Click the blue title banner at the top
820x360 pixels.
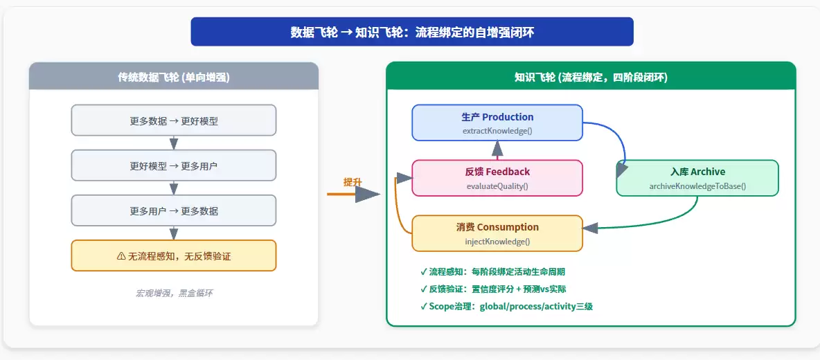[412, 32]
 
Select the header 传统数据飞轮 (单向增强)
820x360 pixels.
[174, 78]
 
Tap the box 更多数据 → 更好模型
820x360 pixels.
[174, 120]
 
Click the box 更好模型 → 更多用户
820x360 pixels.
[174, 165]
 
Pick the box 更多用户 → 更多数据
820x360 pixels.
[174, 210]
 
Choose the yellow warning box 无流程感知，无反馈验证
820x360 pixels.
[174, 255]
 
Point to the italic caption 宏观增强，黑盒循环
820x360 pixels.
[174, 293]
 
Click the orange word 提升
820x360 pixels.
[353, 182]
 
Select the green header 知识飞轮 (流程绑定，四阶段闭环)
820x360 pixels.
[591, 78]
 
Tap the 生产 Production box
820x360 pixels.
[497, 123]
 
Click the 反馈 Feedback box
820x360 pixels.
[497, 178]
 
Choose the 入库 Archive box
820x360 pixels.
[697, 178]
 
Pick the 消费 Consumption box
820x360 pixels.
[497, 233]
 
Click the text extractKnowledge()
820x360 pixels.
[497, 131]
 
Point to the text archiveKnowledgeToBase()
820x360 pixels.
[697, 186]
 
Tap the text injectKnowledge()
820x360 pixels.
[497, 242]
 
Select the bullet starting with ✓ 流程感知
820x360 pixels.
[492, 271]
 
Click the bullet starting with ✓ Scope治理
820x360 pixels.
[506, 307]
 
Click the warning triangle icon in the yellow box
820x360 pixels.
[121, 256]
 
